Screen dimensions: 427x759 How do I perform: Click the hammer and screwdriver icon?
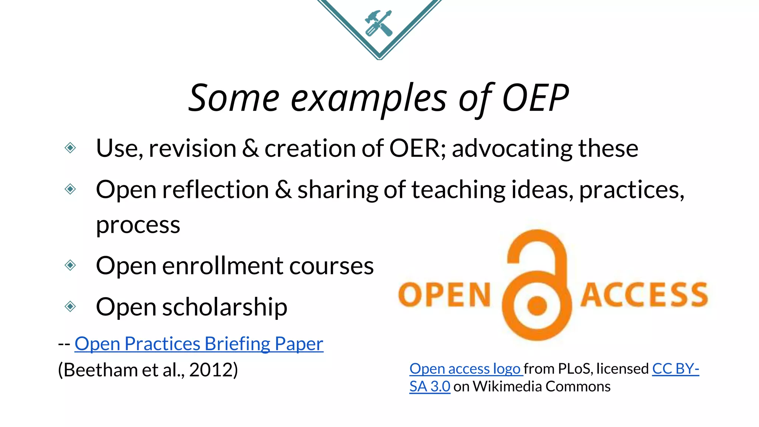[x=378, y=23]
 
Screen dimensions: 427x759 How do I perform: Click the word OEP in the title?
[x=535, y=98]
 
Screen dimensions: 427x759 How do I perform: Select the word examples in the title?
[x=369, y=99]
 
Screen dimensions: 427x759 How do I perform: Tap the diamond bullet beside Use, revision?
[x=70, y=148]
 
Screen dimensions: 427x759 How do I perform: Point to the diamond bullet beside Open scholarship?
[x=70, y=307]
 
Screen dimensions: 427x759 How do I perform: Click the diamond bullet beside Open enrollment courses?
[x=70, y=265]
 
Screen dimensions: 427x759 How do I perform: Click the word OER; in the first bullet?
[x=418, y=148]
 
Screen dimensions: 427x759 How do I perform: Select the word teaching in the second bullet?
[x=458, y=190]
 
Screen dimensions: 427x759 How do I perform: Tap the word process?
[x=138, y=225]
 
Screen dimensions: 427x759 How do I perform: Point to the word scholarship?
[x=225, y=307]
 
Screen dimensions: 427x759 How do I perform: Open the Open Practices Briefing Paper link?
[x=199, y=344]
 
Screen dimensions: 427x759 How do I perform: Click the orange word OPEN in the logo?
[x=444, y=295]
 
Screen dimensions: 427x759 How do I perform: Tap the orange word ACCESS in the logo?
[x=644, y=295]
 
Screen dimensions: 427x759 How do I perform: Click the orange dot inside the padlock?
[x=537, y=306]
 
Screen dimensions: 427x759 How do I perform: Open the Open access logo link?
[x=465, y=369]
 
